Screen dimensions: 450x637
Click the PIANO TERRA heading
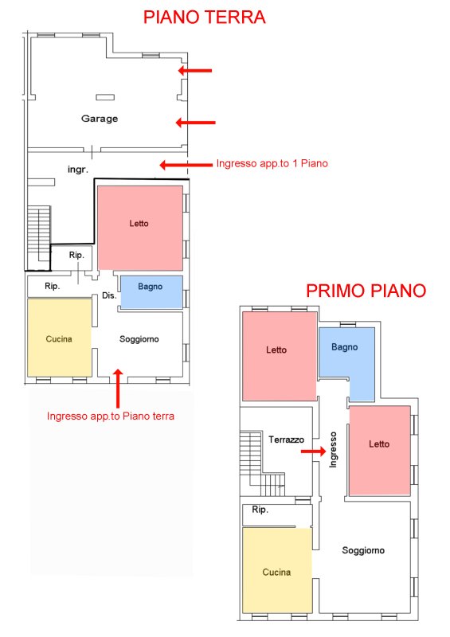coord(205,18)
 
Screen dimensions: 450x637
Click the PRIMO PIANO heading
coord(366,291)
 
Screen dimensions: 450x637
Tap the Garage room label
coord(100,119)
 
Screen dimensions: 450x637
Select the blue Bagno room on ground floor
coord(151,292)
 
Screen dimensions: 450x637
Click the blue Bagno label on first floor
coord(345,347)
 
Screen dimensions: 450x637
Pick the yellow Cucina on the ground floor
coord(60,338)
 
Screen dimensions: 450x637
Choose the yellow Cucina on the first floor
coord(277,570)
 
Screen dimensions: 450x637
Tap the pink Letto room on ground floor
coord(140,228)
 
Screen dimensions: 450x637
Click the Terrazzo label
coord(286,440)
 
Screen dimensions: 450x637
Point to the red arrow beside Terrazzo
coord(314,451)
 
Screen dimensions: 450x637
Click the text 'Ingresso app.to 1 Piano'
coord(272,163)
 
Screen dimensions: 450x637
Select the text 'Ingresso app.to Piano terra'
coord(111,416)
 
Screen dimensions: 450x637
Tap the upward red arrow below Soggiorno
coord(118,389)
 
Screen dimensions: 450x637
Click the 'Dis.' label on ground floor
coord(109,295)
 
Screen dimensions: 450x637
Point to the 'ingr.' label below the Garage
coord(77,170)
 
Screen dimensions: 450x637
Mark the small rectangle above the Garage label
coord(105,97)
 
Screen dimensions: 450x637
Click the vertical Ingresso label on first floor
coord(334,450)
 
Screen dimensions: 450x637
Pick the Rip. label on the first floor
coord(260,510)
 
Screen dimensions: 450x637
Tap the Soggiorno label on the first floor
coord(363,550)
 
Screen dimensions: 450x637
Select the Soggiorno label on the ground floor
coord(139,339)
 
